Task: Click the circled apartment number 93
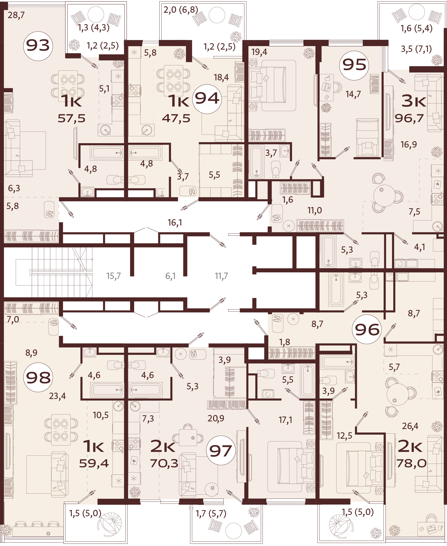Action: click(38, 46)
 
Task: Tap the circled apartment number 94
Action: click(207, 99)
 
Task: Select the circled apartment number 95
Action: click(354, 65)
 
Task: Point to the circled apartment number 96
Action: click(367, 329)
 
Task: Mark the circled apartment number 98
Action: click(38, 377)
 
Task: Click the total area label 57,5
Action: click(71, 119)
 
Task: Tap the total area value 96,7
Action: click(409, 118)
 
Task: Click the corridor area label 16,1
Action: click(175, 223)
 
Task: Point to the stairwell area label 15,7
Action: click(114, 276)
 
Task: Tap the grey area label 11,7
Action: click(221, 276)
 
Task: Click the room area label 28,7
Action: click(16, 15)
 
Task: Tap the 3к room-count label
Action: click(414, 101)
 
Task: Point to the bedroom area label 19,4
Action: click(259, 52)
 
